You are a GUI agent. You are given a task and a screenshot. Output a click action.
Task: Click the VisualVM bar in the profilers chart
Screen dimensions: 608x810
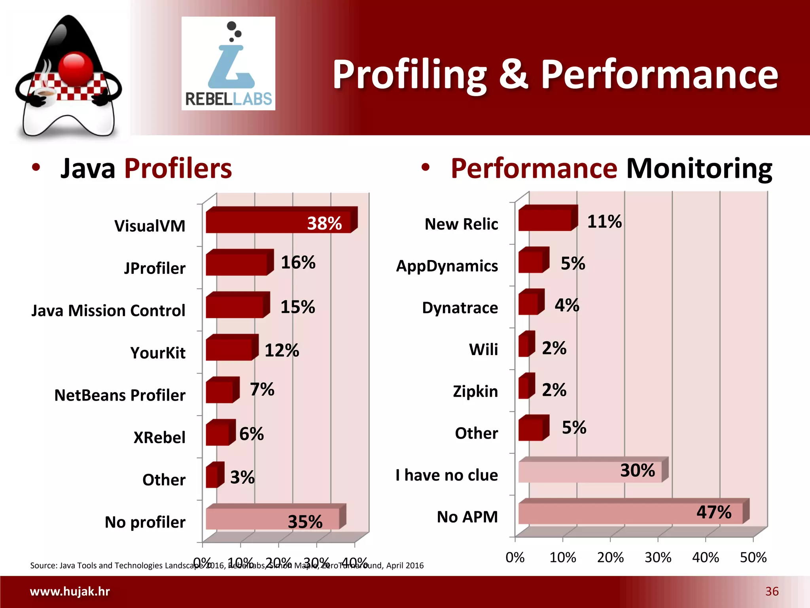277,222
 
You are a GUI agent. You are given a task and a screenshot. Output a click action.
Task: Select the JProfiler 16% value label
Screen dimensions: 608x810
298,262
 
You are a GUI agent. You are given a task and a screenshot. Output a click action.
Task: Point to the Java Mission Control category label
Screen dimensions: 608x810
108,311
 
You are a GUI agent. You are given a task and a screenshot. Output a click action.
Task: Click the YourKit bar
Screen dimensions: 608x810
229,350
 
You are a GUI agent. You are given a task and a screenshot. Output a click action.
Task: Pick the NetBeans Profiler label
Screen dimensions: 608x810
120,395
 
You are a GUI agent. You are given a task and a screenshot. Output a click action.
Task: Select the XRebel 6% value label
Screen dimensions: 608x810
252,434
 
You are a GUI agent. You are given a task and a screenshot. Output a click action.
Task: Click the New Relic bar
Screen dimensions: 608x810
545,220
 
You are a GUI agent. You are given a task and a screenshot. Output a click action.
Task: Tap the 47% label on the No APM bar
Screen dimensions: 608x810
714,512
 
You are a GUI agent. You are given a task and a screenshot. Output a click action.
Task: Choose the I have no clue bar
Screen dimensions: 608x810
589,471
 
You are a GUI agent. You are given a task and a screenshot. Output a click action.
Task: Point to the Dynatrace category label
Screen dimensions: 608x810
460,308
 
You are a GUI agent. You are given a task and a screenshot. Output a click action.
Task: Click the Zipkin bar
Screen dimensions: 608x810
524,388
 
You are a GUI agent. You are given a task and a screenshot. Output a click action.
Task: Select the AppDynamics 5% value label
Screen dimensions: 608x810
573,264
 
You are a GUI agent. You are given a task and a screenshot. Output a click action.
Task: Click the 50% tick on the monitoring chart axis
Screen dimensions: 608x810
753,558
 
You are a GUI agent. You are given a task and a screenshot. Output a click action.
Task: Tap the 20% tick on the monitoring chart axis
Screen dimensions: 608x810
610,558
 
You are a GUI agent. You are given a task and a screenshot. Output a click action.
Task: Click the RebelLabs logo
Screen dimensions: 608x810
228,63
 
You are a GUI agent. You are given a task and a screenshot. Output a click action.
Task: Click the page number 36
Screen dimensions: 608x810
772,591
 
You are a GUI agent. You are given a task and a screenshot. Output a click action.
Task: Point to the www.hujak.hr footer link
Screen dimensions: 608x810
70,591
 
